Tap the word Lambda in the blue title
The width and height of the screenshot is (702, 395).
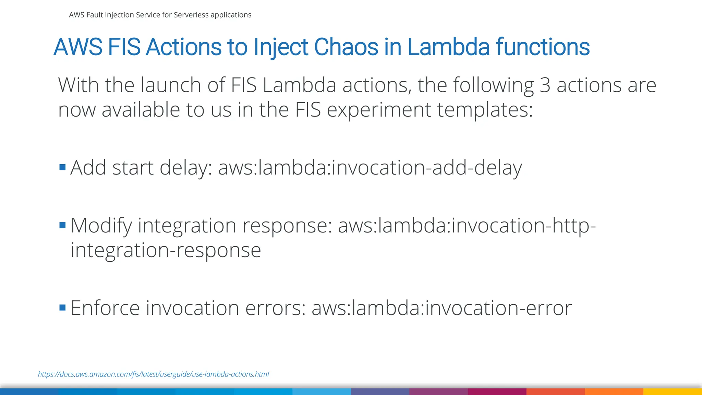[x=448, y=47]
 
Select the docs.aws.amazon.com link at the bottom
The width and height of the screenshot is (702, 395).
[x=153, y=374]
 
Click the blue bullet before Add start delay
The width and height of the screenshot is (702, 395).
[x=62, y=167]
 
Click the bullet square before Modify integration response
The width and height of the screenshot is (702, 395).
[x=62, y=225]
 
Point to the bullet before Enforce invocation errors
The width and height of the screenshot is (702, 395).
[x=62, y=308]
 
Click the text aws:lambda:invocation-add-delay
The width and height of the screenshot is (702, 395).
[x=370, y=168]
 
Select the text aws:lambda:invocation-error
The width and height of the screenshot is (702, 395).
[x=441, y=308]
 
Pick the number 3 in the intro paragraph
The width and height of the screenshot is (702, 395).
[x=545, y=85]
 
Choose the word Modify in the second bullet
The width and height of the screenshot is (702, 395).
[x=101, y=226]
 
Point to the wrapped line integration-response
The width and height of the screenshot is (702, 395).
[x=166, y=250]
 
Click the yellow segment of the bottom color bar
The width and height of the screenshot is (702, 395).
[x=673, y=392]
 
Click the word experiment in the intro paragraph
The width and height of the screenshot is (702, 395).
[x=378, y=110]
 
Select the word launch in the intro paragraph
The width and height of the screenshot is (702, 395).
[x=171, y=85]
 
